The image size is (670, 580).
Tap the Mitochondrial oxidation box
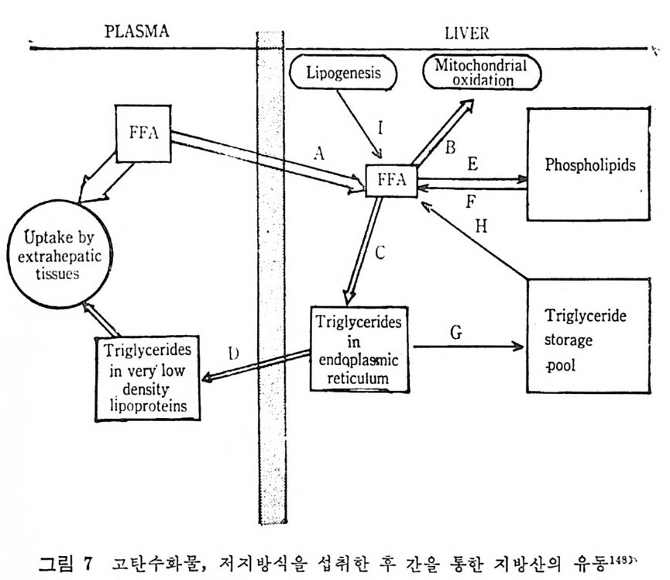(x=481, y=73)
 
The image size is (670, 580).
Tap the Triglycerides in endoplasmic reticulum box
(x=359, y=347)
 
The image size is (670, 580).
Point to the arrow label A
(x=318, y=154)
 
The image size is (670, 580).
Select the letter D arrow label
(x=233, y=354)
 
